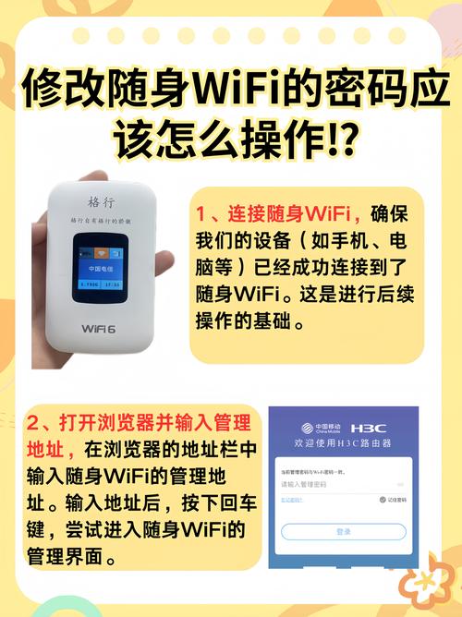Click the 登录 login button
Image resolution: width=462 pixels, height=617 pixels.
point(344,532)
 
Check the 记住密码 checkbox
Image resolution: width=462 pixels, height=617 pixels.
point(382,500)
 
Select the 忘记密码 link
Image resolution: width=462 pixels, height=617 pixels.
point(292,500)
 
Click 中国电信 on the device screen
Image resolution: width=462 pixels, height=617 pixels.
point(100,268)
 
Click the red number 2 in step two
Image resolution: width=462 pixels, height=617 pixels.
point(35,425)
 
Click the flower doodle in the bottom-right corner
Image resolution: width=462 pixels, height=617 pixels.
point(427,583)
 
